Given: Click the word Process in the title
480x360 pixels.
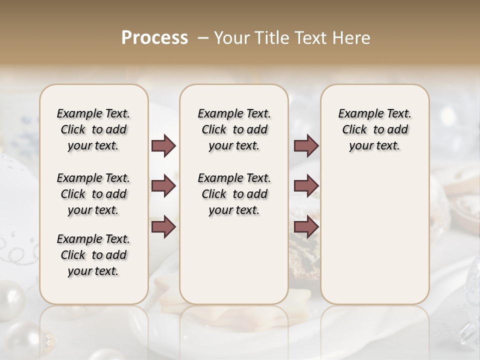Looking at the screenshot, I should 154,38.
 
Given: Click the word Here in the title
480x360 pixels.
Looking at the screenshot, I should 352,38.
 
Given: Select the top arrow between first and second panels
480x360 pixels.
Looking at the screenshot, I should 163,146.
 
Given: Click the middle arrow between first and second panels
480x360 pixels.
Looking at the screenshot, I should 163,186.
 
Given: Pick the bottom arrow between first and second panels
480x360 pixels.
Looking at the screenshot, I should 163,227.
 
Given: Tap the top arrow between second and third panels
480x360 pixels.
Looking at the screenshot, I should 306,146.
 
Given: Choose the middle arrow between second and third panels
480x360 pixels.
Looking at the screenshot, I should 306,186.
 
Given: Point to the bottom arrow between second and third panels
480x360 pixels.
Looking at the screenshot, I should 306,227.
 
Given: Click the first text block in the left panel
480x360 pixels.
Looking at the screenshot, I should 93,129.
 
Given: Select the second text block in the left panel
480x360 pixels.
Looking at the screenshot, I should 93,194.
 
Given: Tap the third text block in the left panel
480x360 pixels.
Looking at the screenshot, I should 93,255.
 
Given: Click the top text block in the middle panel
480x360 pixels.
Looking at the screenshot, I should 234,129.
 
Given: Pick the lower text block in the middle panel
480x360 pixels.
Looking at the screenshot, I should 234,194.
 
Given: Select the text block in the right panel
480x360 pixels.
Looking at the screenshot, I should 375,129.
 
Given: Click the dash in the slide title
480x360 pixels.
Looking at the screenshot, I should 203,38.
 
